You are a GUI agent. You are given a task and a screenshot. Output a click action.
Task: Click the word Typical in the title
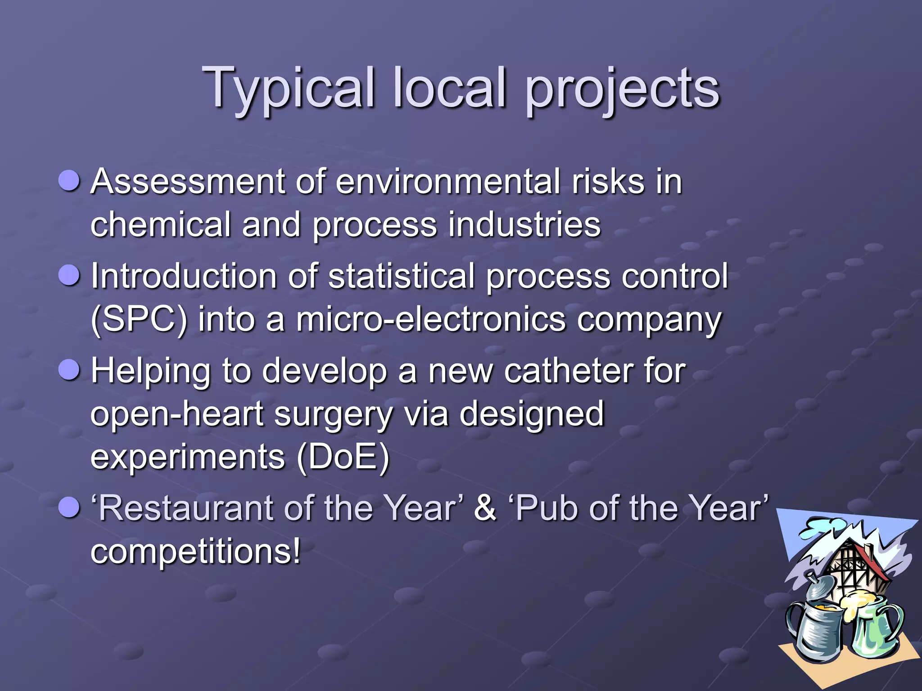coord(288,89)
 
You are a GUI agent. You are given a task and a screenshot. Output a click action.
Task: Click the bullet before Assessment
coord(69,181)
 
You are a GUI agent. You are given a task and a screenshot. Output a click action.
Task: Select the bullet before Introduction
coord(69,275)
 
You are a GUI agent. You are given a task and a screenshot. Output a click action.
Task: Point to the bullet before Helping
coord(69,370)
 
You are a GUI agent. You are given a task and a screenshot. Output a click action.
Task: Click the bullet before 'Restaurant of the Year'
coord(69,507)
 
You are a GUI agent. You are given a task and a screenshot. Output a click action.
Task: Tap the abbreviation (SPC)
coord(139,319)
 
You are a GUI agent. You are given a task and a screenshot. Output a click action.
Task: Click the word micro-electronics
coord(431,319)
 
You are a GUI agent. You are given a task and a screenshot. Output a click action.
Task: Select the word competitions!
coord(195,552)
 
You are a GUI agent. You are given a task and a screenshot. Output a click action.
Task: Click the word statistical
coord(402,276)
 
